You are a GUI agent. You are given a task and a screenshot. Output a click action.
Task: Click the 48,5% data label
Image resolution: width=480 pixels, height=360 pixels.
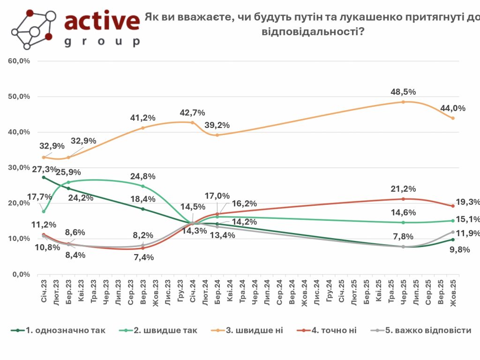pyautogui.click(x=403, y=92)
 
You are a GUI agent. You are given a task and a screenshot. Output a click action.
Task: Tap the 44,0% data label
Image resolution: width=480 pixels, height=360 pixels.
pyautogui.click(x=452, y=108)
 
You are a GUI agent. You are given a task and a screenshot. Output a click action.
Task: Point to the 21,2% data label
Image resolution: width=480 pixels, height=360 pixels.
pyautogui.click(x=402, y=189)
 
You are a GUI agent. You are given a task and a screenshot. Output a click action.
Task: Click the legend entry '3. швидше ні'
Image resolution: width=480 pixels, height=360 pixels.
pyautogui.click(x=254, y=330)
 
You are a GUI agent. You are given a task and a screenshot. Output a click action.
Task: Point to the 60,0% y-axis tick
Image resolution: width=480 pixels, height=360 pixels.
pyautogui.click(x=20, y=61)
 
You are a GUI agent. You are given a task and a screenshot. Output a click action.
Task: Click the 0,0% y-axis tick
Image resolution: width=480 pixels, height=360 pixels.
pyautogui.click(x=22, y=274)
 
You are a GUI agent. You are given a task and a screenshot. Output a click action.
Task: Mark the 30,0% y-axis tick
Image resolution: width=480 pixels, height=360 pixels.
pyautogui.click(x=20, y=168)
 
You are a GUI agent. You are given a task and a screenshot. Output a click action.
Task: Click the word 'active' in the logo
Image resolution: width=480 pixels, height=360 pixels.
pyautogui.click(x=102, y=21)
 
